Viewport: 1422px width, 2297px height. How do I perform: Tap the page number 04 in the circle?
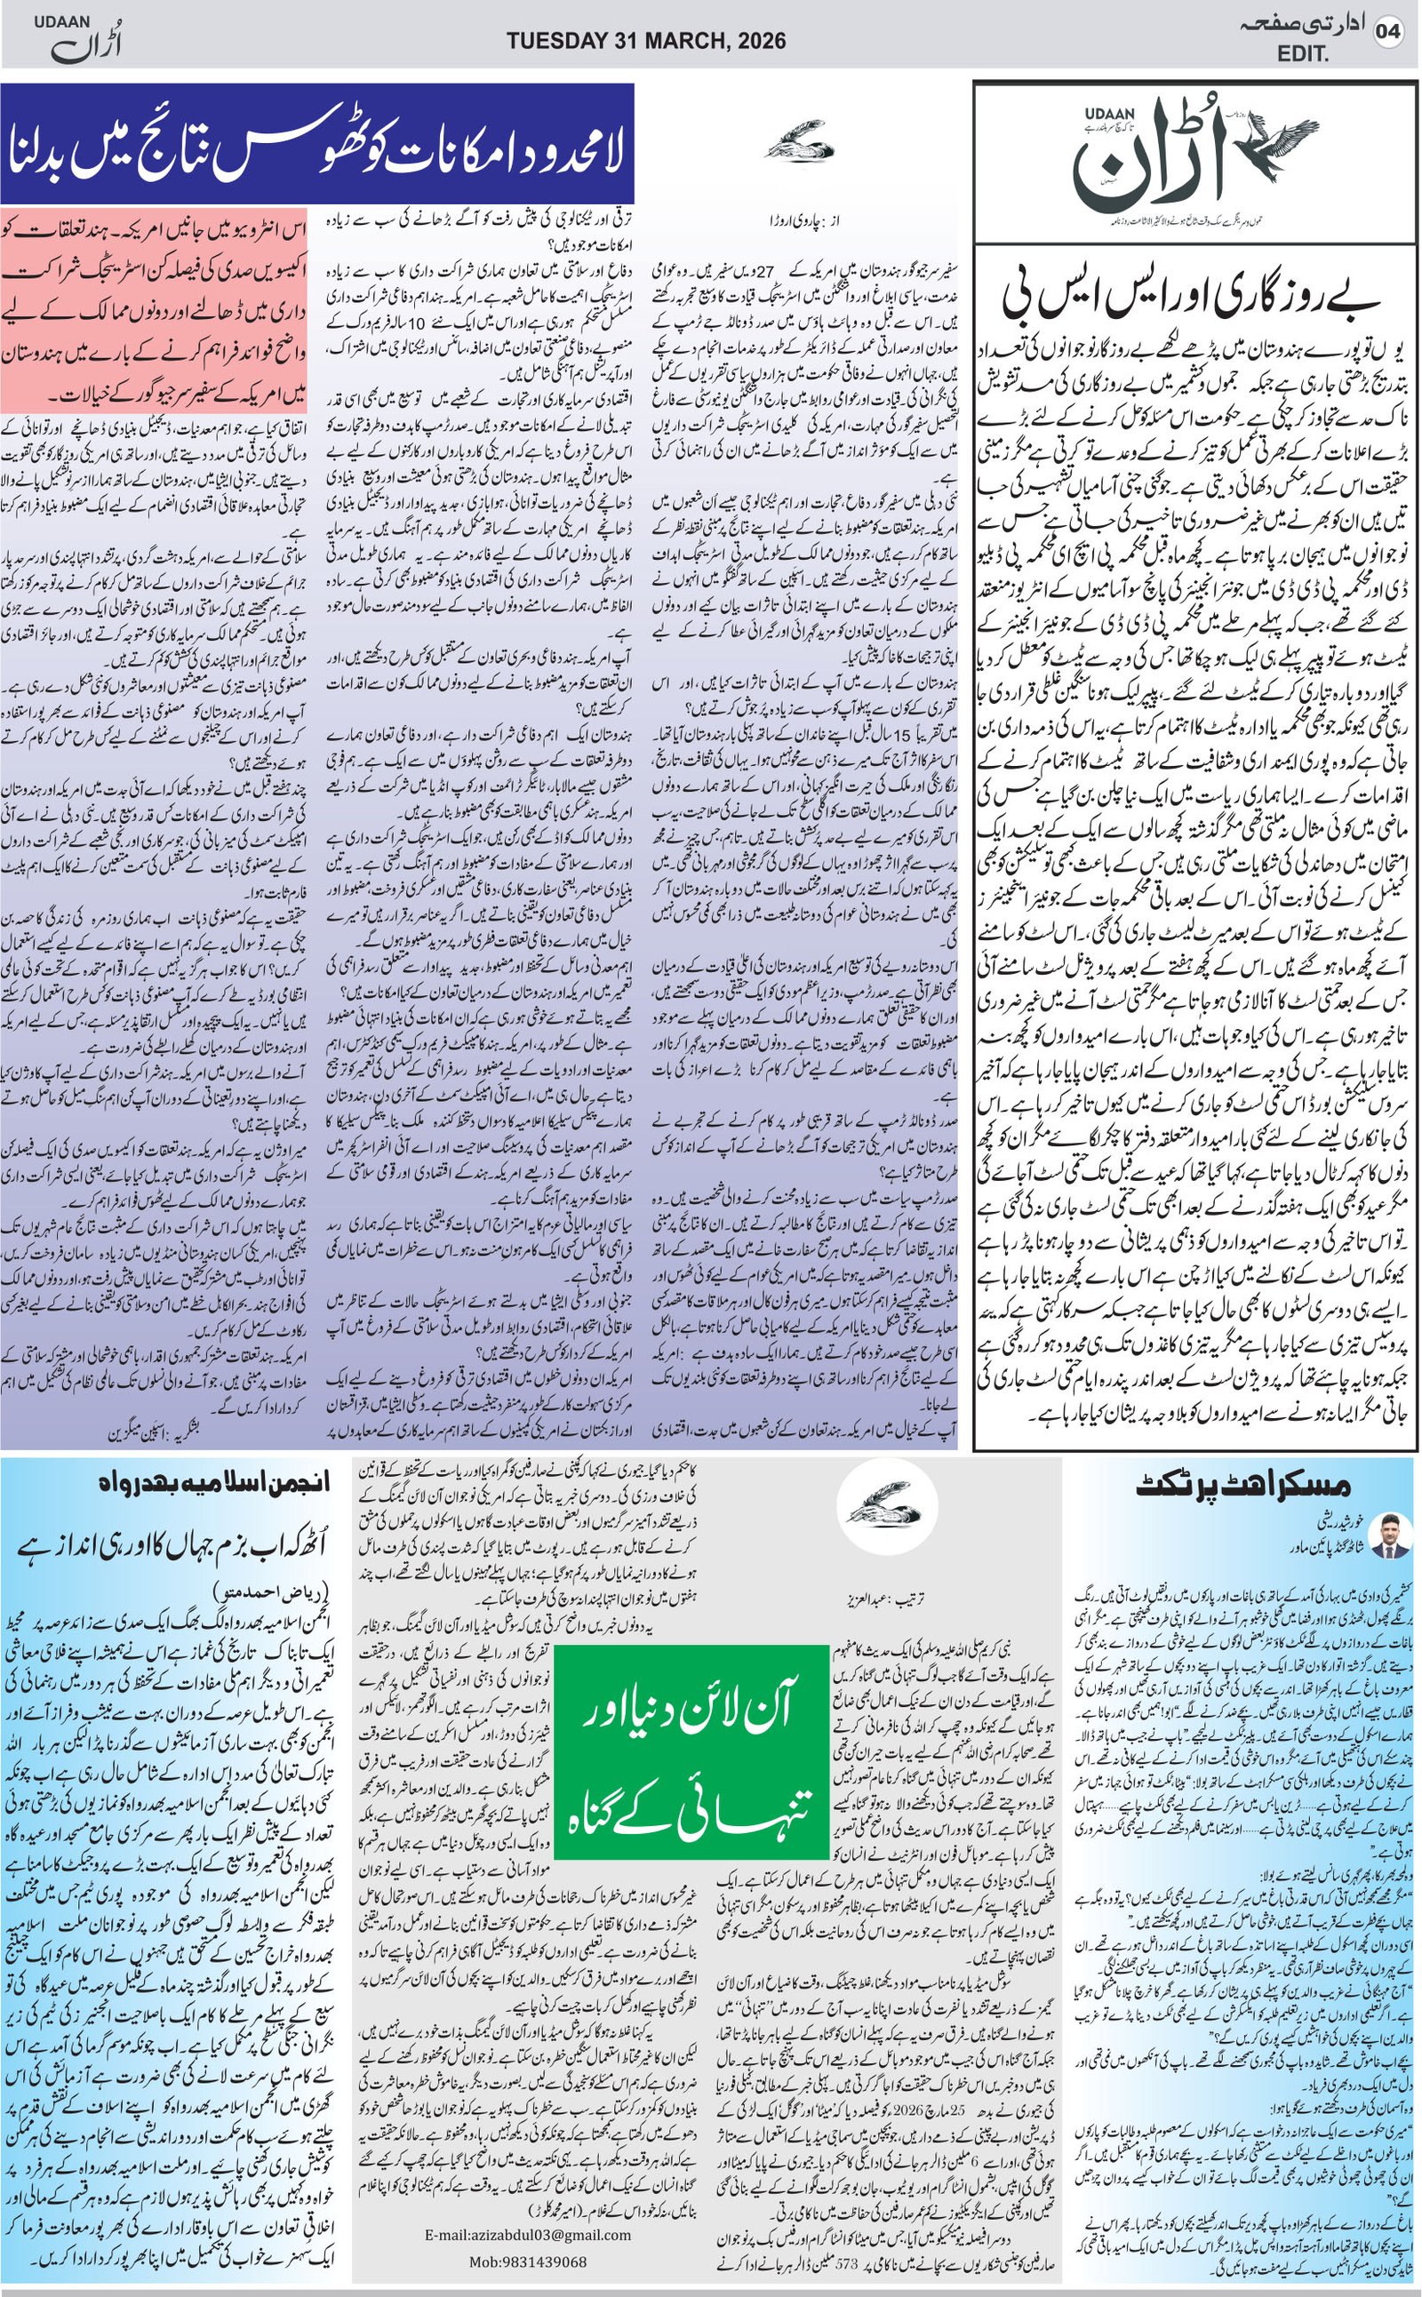[1387, 31]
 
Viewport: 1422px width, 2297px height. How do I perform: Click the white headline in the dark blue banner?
[317, 146]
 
